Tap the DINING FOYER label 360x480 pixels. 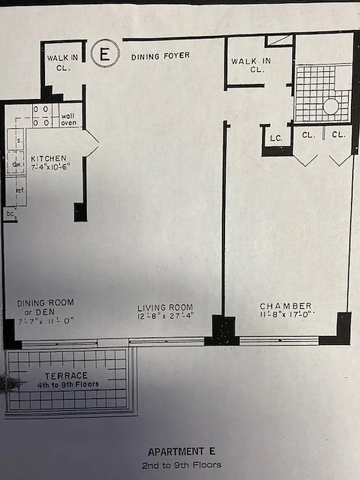(160, 56)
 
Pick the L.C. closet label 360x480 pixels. (276, 138)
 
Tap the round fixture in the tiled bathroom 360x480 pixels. (331, 107)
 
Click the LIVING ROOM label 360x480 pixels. (165, 308)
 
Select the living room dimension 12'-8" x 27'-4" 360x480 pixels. (166, 316)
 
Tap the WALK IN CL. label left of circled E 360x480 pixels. (59, 62)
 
